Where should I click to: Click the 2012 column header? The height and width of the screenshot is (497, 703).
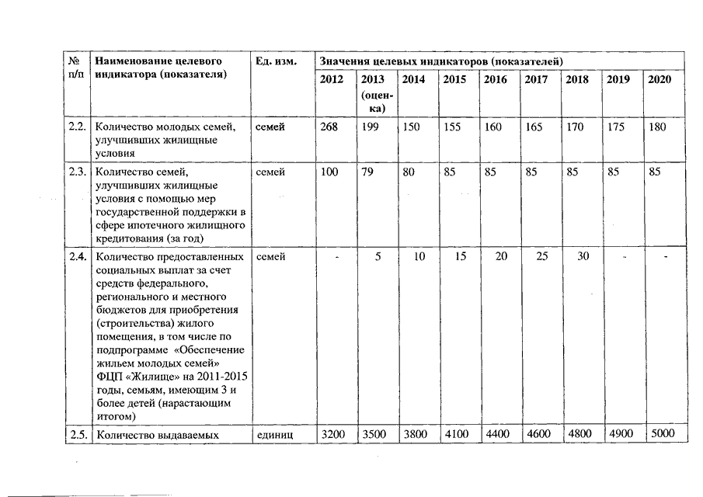330,80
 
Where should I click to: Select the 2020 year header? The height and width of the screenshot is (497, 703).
659,80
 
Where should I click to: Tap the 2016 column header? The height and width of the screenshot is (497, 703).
495,80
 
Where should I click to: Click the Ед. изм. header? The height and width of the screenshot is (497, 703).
276,61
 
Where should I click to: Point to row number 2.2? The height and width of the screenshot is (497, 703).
76,127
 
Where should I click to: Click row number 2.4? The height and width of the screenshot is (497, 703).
76,256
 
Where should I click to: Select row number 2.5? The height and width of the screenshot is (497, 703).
76,434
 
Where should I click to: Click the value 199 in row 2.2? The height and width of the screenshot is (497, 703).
371,127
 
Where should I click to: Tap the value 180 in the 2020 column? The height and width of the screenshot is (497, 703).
657,127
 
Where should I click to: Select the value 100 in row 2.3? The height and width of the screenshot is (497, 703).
329,172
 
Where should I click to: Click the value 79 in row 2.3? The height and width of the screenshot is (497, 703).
368,172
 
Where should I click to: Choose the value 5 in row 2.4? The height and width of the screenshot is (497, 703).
377,256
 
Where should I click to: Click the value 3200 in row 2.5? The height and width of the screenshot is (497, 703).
333,434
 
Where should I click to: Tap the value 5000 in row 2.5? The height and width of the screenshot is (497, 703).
662,434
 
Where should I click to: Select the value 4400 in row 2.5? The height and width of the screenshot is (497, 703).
497,434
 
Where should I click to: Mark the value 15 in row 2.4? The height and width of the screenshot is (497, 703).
461,256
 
